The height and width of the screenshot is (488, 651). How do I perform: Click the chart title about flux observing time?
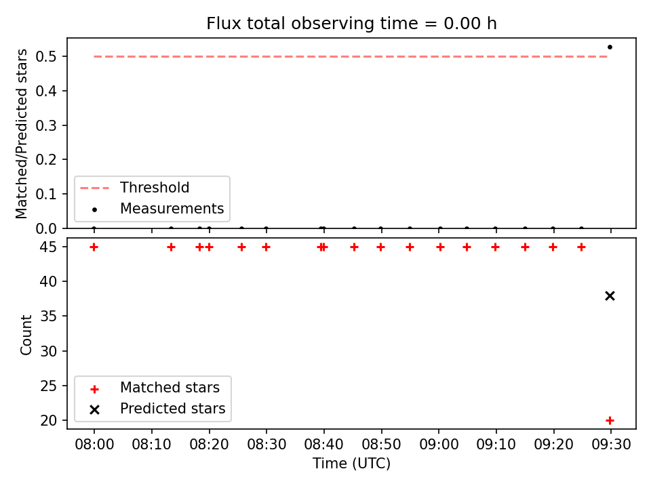(x=351, y=23)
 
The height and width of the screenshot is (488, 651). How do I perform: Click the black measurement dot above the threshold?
(x=610, y=47)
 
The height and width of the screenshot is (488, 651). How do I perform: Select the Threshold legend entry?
(x=134, y=188)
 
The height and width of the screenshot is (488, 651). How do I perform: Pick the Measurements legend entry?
(x=158, y=208)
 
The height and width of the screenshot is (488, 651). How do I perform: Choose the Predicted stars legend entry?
(x=158, y=409)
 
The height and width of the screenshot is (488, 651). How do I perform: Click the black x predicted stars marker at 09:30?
(x=610, y=296)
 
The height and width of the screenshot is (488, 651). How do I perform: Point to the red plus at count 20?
(x=610, y=420)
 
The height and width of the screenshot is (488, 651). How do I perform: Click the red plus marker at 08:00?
(x=94, y=247)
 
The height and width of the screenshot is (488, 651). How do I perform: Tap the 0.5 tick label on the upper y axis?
(x=46, y=56)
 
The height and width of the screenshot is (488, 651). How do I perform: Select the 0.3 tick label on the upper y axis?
(x=46, y=125)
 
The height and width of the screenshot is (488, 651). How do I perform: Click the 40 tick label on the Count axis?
(x=49, y=282)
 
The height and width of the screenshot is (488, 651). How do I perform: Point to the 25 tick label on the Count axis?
(x=49, y=386)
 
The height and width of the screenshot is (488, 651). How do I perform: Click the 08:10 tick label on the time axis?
(x=151, y=445)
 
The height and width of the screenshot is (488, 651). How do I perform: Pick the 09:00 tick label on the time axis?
(x=439, y=445)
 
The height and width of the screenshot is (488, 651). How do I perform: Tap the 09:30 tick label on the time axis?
(x=611, y=445)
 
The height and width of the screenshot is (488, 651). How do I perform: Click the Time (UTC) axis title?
(x=351, y=464)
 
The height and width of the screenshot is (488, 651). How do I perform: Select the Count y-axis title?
(x=26, y=334)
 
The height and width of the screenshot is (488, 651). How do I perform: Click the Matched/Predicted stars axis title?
(x=21, y=134)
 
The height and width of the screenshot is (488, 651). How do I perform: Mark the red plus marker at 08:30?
(x=266, y=247)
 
